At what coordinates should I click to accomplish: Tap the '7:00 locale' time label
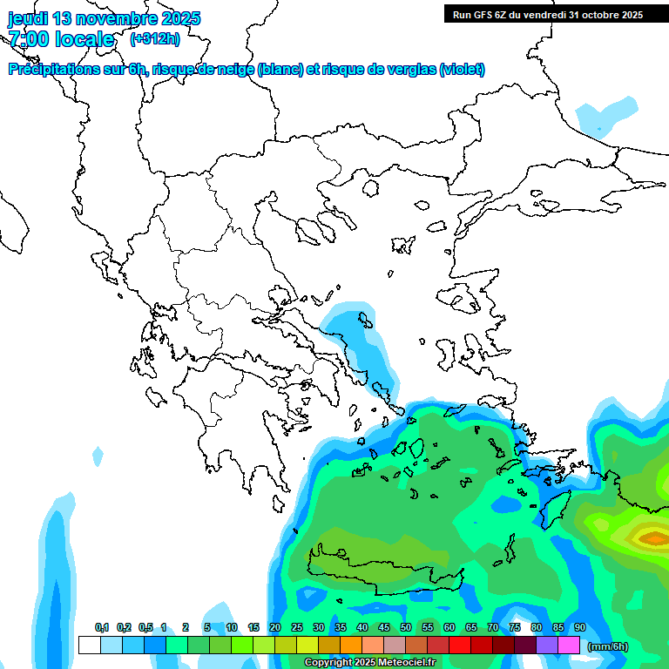[62, 39]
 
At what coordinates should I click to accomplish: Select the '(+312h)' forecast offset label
[156, 39]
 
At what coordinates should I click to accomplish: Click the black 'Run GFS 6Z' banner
[547, 14]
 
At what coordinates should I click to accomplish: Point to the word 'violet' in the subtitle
[462, 70]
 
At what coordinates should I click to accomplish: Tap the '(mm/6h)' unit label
[607, 646]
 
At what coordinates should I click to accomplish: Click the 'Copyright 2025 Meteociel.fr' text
[369, 663]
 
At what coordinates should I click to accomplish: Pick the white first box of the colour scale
[89, 645]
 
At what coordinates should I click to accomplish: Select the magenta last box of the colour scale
[569, 645]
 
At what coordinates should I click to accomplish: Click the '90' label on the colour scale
[580, 628]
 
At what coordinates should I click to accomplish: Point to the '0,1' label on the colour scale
[102, 628]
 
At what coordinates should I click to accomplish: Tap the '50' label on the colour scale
[406, 628]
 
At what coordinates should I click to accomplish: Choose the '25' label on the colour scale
[297, 628]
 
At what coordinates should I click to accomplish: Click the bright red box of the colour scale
[460, 645]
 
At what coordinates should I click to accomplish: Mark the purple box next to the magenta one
[547, 645]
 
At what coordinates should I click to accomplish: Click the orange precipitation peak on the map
[652, 538]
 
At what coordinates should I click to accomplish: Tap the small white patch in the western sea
[97, 454]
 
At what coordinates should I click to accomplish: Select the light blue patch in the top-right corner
[605, 114]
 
